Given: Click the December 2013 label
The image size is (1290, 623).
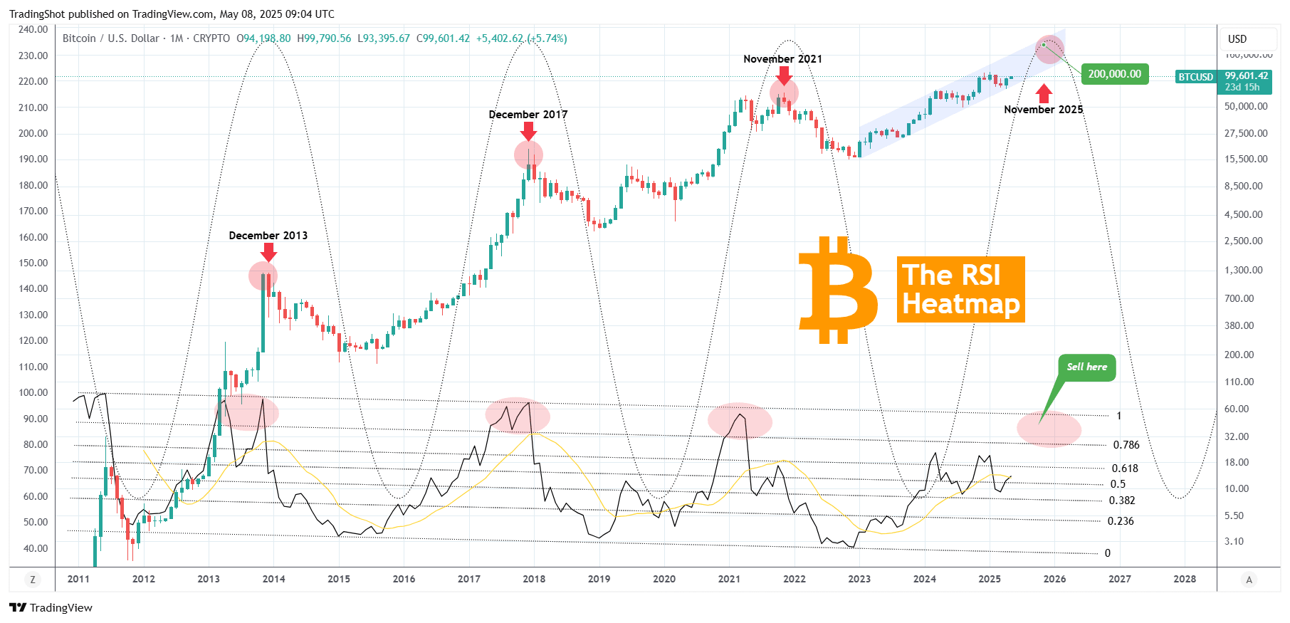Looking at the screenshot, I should point(268,236).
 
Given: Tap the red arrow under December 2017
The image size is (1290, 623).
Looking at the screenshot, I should point(528,131).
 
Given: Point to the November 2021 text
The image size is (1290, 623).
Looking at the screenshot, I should point(782,59).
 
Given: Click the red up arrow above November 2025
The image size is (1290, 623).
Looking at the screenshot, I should point(1044,93).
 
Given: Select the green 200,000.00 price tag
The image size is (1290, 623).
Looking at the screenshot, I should point(1114,74).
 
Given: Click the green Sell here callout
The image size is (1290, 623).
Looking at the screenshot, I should point(1086,367).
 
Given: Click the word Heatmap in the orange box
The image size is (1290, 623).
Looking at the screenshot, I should point(960,304).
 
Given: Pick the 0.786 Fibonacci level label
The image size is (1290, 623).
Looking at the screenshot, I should point(1126,445).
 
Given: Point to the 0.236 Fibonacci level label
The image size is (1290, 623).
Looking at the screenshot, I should point(1120,521).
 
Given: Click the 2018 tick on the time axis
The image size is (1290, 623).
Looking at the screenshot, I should point(534,579).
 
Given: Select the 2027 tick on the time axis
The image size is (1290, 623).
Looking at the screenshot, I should point(1119,579).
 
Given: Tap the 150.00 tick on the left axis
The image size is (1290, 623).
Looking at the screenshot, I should point(33,263).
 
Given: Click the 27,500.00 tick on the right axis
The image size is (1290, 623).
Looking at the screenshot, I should point(1245,133).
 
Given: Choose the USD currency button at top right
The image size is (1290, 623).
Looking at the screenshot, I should point(1237,39).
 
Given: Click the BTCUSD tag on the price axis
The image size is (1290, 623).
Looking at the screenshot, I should point(1195,77).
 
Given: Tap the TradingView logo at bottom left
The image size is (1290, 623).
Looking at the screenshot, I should point(51,607).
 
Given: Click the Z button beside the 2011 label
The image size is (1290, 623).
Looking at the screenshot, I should point(32,580).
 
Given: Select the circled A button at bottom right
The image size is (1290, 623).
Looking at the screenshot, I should point(1248,580).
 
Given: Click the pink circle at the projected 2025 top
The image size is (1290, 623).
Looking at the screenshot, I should point(1049,49).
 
